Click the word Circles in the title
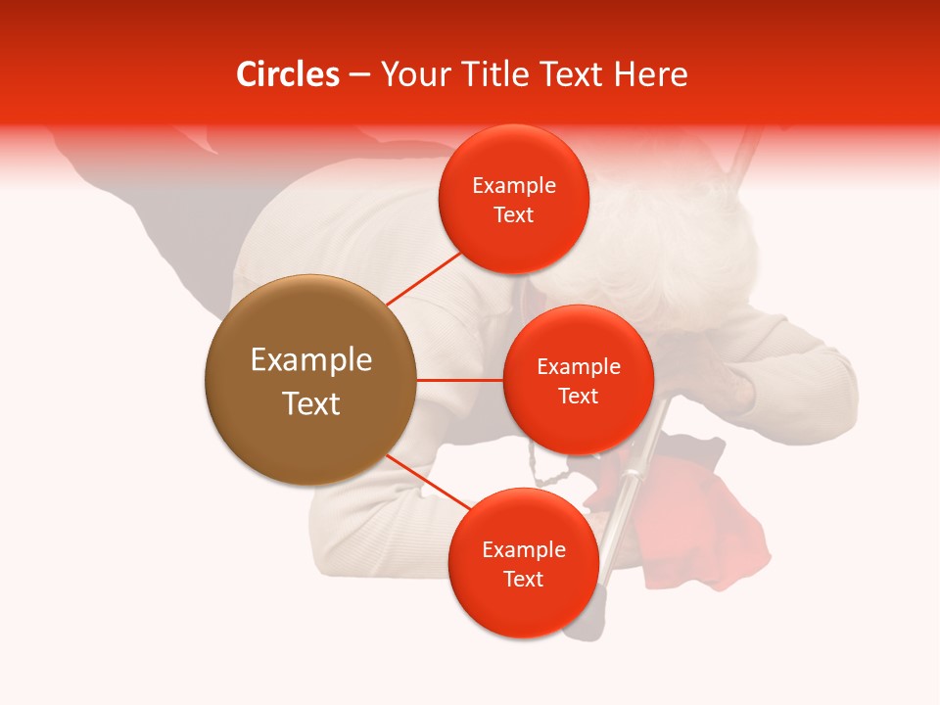pos(287,74)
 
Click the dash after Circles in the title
pos(359,75)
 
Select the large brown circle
pos(309,380)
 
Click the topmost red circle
pos(513,200)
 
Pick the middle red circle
pos(578,380)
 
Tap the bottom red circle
pos(523,563)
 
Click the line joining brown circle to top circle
pos(424,278)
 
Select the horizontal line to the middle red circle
pos(459,380)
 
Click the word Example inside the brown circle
pos(310,360)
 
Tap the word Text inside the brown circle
pos(310,403)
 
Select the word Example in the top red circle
pos(513,186)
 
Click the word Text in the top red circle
pos(513,215)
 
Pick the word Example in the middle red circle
pos(578,367)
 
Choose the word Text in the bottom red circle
pos(523,579)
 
